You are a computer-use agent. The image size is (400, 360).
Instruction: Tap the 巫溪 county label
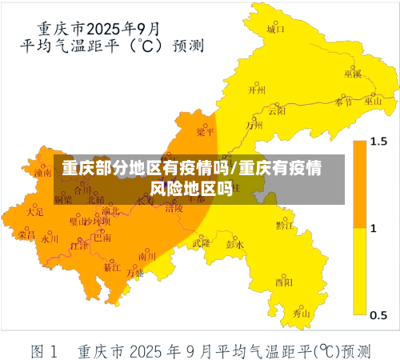pyautogui.click(x=353, y=74)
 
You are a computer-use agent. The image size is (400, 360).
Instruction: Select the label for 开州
pyautogui.click(x=257, y=90)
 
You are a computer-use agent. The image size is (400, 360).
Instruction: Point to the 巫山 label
pyautogui.click(x=374, y=102)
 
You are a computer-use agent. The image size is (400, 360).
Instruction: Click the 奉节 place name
pyautogui.click(x=343, y=102)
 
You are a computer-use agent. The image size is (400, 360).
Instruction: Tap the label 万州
pyautogui.click(x=254, y=125)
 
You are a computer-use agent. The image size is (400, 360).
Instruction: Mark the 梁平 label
pyautogui.click(x=206, y=132)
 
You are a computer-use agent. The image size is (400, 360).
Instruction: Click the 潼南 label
pyautogui.click(x=42, y=171)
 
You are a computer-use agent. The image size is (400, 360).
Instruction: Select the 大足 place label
pyautogui.click(x=35, y=212)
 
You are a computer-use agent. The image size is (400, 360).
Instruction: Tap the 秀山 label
pyautogui.click(x=301, y=314)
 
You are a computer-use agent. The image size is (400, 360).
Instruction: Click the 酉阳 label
pyautogui.click(x=283, y=282)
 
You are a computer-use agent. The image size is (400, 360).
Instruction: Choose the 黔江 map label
pyautogui.click(x=284, y=226)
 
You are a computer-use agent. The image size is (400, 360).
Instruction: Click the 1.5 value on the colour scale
pyautogui.click(x=378, y=142)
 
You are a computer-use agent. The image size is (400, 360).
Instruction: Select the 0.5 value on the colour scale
pyautogui.click(x=378, y=312)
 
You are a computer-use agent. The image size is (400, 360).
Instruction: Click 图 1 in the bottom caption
pyautogui.click(x=44, y=349)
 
